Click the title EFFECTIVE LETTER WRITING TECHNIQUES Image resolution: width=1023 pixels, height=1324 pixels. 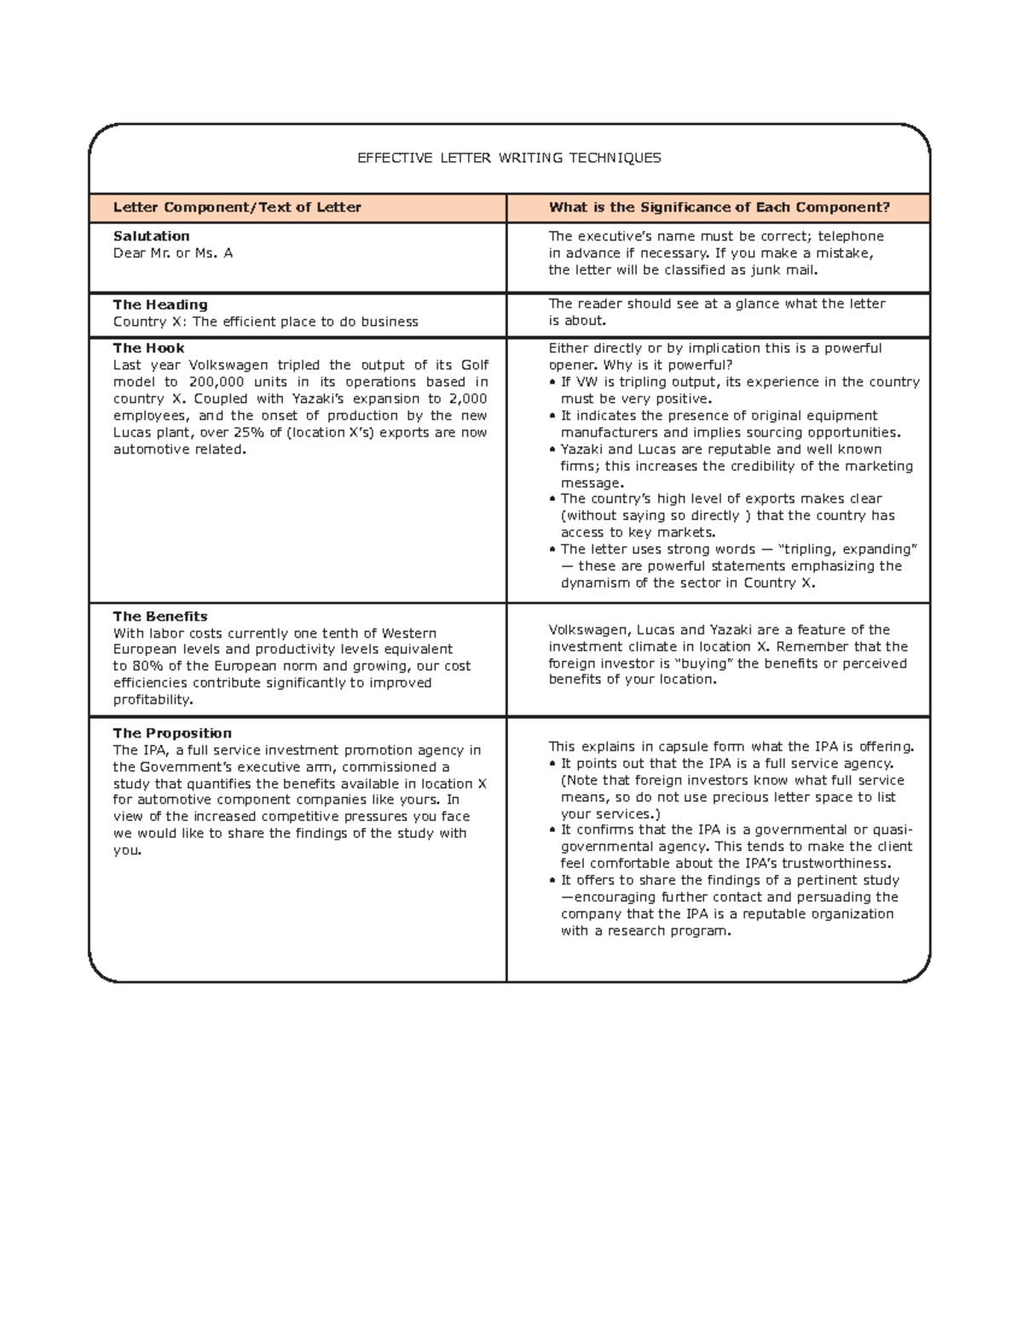click(x=509, y=158)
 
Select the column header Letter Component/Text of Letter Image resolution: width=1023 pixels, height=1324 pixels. click(x=237, y=207)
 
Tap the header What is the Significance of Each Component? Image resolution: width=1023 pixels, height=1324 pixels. click(x=719, y=207)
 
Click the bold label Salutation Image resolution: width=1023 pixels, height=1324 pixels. click(x=151, y=236)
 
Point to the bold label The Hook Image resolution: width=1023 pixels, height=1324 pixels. click(x=148, y=348)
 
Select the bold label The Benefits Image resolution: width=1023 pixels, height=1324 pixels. click(x=160, y=616)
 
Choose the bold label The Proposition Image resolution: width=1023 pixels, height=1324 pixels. click(x=172, y=733)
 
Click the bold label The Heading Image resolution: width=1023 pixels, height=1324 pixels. click(x=160, y=304)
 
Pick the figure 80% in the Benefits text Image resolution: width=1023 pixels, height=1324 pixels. click(x=148, y=666)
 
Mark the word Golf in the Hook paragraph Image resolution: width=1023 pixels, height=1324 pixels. click(x=474, y=365)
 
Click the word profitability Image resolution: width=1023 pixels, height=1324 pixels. click(x=153, y=700)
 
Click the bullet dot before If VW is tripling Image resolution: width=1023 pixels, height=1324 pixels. click(x=552, y=383)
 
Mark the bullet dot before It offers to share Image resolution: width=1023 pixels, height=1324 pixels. click(x=552, y=881)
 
